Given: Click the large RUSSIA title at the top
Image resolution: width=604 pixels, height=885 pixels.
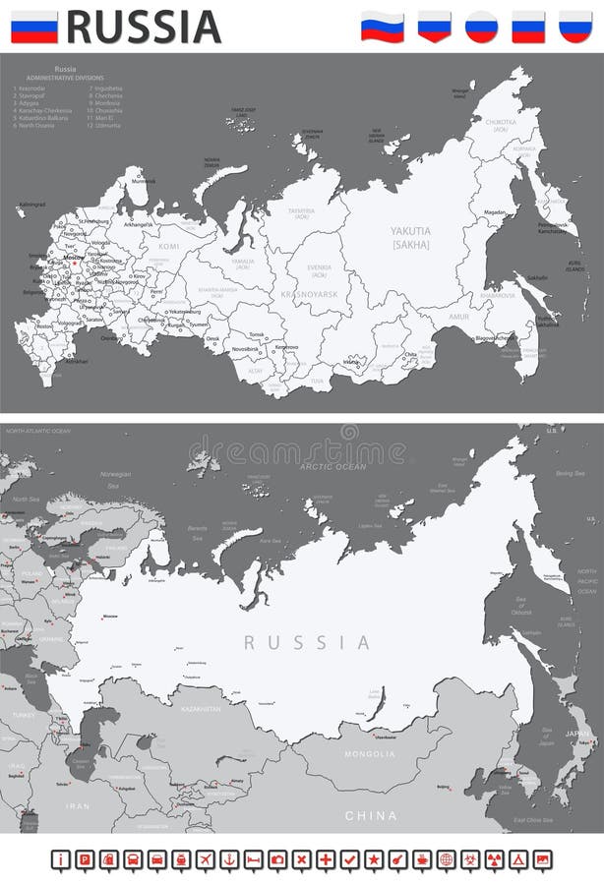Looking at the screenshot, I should click(144, 27).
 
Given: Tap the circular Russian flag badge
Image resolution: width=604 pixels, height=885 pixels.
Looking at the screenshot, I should click(480, 26).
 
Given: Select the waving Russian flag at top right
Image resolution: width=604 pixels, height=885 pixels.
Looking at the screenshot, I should click(382, 26).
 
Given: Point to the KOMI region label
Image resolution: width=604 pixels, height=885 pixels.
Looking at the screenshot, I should click(170, 246).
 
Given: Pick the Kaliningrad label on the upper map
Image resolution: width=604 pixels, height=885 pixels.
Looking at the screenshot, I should click(32, 205).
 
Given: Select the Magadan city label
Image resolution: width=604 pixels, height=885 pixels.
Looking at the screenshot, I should click(495, 212).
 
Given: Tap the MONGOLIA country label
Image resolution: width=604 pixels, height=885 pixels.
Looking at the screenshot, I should click(370, 754).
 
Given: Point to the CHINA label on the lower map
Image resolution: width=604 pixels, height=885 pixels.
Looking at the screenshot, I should click(371, 815).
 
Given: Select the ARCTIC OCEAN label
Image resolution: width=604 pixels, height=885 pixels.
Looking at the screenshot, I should click(332, 467).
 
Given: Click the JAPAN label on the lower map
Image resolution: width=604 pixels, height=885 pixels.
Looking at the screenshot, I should click(576, 734).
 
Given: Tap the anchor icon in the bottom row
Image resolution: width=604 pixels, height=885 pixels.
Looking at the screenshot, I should click(229, 859).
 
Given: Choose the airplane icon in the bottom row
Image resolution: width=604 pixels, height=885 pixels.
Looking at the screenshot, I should click(205, 859).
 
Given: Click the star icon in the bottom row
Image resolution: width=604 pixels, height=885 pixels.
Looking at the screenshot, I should click(374, 859).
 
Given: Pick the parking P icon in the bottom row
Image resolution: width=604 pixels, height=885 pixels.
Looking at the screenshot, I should click(85, 859).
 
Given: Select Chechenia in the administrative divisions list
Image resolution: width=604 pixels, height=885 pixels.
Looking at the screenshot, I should click(107, 95).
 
